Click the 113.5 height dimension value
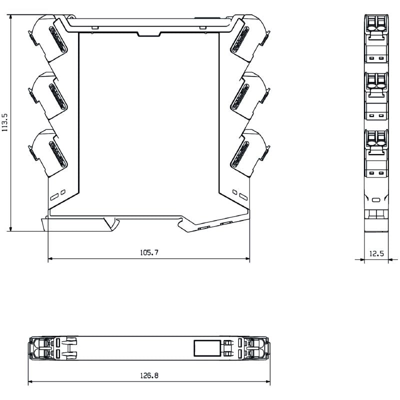click(x=5, y=121)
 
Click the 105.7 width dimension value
click(x=149, y=252)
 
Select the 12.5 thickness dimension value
click(x=376, y=253)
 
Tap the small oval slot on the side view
click(x=376, y=200)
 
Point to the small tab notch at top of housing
click(x=148, y=33)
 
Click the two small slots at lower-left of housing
click(x=58, y=192)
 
